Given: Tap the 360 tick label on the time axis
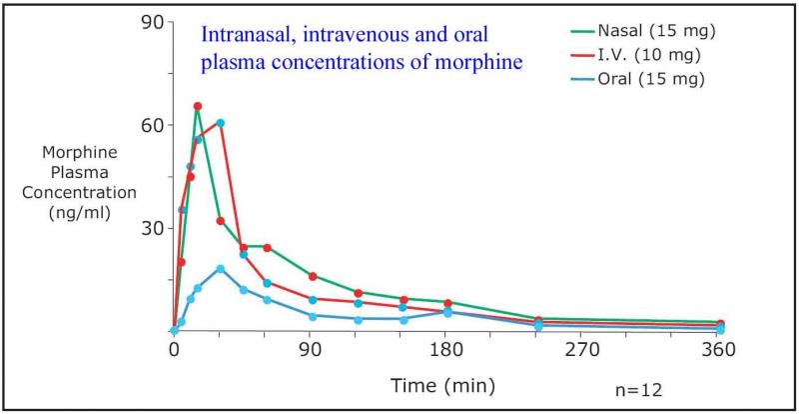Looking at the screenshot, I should pyautogui.click(x=719, y=350).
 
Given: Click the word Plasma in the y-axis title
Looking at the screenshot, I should pyautogui.click(x=79, y=173).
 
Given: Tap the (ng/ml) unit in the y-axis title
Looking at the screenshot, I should pyautogui.click(x=79, y=212).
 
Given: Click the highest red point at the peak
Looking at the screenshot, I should pyautogui.click(x=198, y=106).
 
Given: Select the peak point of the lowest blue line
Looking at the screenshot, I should pyautogui.click(x=221, y=268).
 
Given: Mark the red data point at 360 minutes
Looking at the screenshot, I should pyautogui.click(x=720, y=324).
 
